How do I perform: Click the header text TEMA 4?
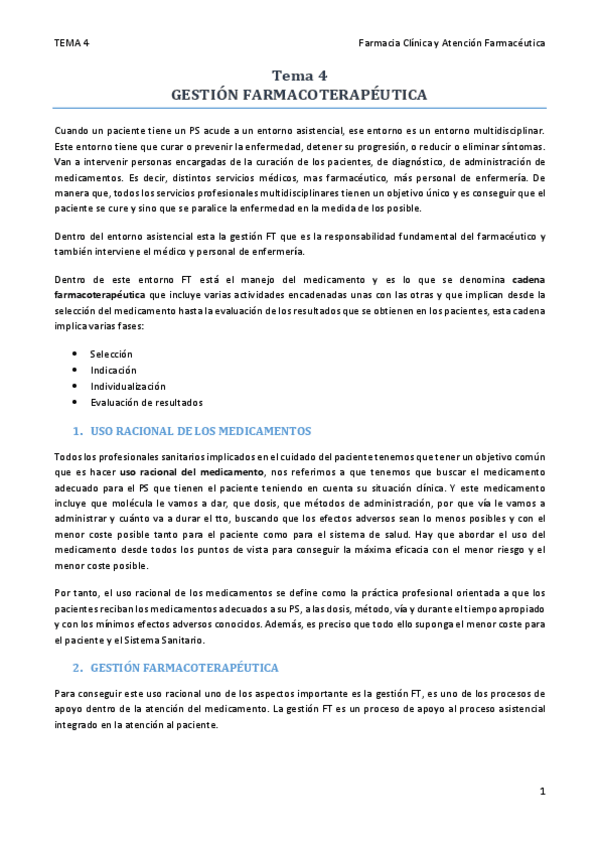point(71,43)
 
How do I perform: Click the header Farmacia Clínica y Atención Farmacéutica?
point(451,43)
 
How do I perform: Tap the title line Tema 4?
point(299,75)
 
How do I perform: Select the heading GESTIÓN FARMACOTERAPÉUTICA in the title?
point(299,94)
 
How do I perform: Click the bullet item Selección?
point(111,354)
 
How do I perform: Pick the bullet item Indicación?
point(113,370)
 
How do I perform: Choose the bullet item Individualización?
point(128,386)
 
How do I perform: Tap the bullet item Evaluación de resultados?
point(146,402)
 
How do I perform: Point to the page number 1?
point(542,792)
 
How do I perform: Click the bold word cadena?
point(528,280)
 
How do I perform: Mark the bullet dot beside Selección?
point(77,354)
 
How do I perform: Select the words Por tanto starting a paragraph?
point(75,593)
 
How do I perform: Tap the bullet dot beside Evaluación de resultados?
point(77,402)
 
